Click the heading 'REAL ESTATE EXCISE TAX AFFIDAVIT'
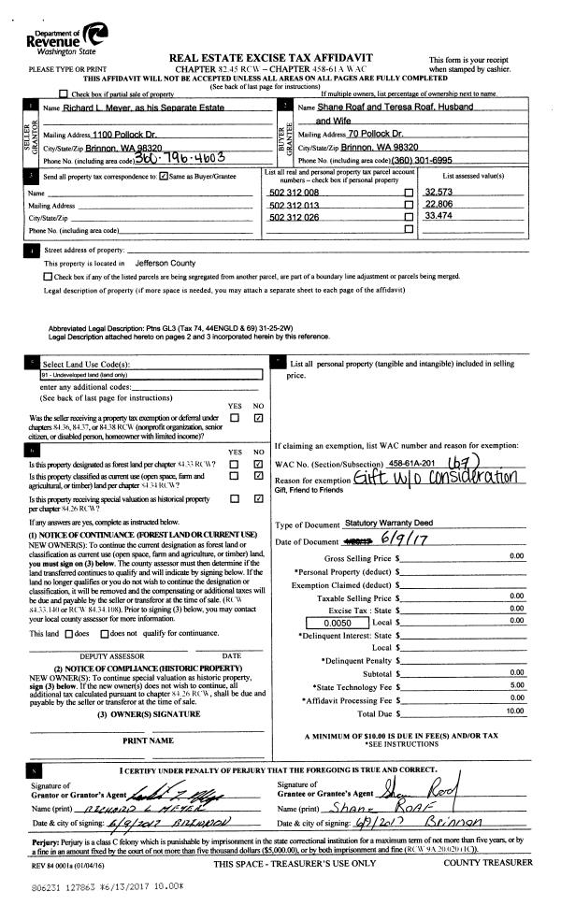coord(280,58)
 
